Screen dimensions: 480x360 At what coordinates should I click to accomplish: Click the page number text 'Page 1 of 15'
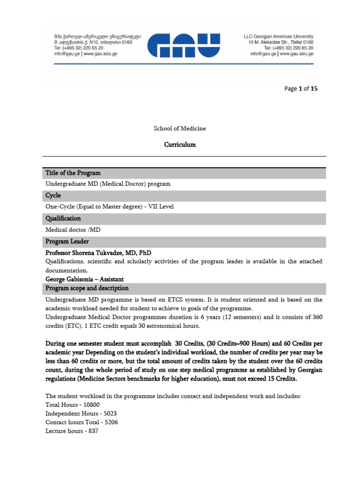(301, 88)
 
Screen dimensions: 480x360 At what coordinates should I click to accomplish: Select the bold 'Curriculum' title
(180, 144)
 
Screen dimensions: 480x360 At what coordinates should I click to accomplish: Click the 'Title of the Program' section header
(73, 173)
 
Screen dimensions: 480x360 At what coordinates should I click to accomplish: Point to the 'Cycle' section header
(53, 195)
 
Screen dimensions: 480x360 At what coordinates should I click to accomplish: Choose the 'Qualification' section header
(63, 218)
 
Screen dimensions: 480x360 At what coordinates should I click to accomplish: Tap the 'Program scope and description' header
(87, 288)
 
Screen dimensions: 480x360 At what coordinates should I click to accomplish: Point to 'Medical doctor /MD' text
(73, 230)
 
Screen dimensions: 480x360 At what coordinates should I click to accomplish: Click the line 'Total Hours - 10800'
(72, 405)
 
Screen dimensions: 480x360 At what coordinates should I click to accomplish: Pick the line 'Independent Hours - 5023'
(80, 413)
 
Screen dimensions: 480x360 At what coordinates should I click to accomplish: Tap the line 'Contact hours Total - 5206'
(82, 422)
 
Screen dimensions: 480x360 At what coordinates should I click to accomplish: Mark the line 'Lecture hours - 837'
(72, 431)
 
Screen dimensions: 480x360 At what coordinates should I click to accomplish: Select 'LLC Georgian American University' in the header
(278, 36)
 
